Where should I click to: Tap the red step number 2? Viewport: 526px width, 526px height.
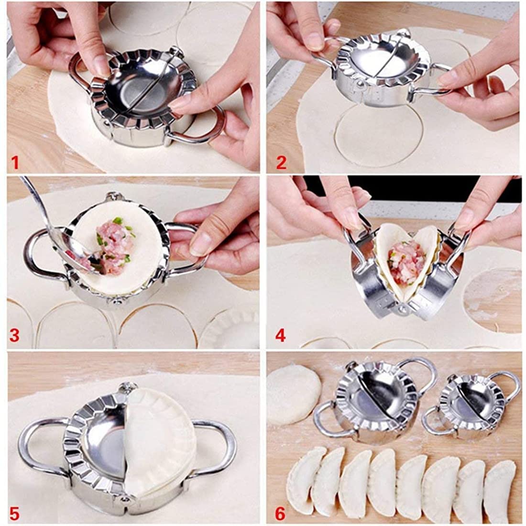point(281,162)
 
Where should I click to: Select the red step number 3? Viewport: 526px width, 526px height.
point(14,335)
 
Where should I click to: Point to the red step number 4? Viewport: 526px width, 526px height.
point(281,335)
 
